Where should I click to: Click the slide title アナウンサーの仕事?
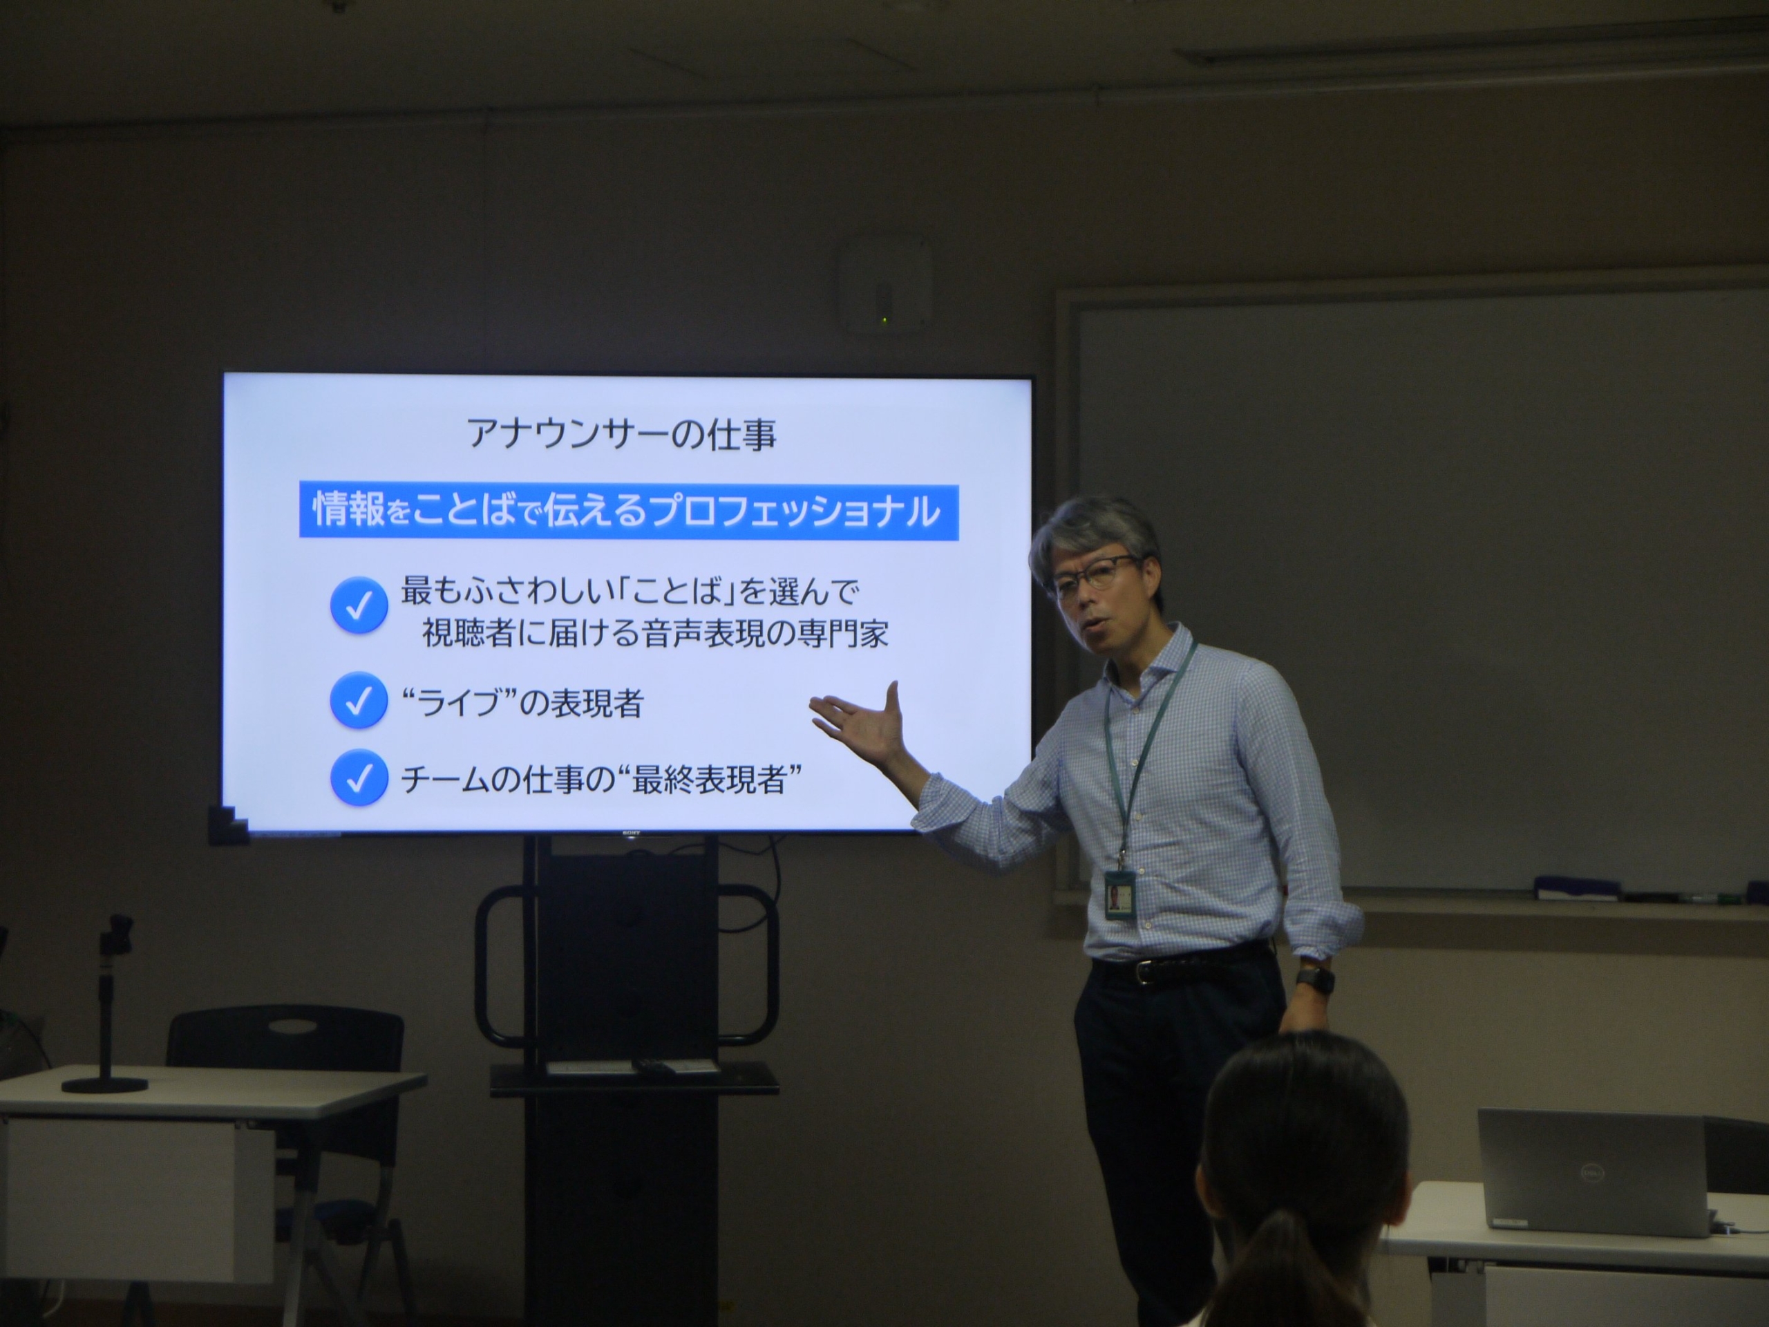(x=621, y=434)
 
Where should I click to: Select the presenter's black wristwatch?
(x=1315, y=979)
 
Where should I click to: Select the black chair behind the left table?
(x=285, y=1040)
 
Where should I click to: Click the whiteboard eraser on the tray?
(x=1566, y=886)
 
